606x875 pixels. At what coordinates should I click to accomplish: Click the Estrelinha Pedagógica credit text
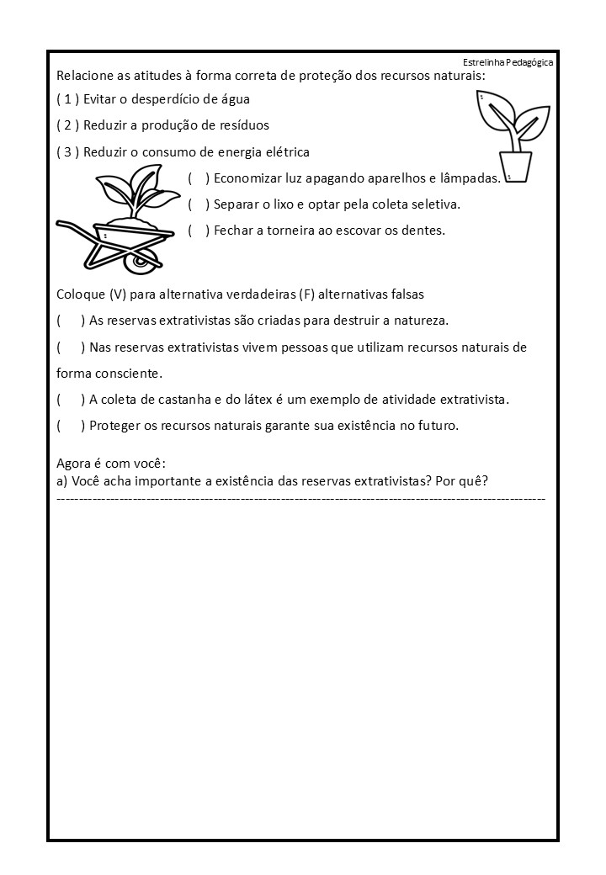[x=508, y=63]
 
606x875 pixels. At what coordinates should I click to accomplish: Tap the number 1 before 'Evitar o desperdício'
[x=68, y=99]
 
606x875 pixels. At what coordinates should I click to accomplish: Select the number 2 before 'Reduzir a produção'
[x=68, y=125]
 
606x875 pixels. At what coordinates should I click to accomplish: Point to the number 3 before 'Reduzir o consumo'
[x=68, y=152]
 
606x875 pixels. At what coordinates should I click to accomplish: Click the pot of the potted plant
[x=515, y=166]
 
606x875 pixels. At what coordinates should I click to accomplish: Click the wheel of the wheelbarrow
[x=139, y=262]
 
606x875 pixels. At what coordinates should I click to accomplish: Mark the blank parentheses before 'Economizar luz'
[x=199, y=178]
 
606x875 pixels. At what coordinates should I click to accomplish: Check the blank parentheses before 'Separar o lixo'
[x=199, y=204]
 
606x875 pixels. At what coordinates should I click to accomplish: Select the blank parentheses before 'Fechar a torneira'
[x=199, y=231]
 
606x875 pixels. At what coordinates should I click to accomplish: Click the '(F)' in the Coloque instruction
[x=306, y=294]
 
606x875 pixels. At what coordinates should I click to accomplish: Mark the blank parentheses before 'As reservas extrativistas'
[x=71, y=321]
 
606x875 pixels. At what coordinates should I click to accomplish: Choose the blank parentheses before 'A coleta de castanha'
[x=71, y=400]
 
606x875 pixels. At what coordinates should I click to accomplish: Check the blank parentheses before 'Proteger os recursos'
[x=71, y=426]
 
